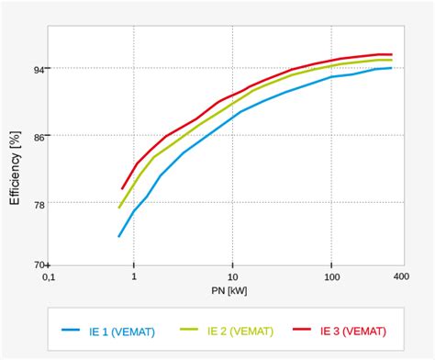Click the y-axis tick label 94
[x=39, y=68]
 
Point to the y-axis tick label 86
[x=39, y=135]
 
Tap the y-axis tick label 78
[x=39, y=203]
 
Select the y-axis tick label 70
[x=39, y=264]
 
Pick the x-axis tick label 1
[x=134, y=277]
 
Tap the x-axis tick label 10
[x=232, y=277]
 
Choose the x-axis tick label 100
[x=331, y=277]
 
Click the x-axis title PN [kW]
[x=227, y=291]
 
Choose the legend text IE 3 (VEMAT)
[x=354, y=331]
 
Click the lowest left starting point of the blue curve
[x=119, y=237]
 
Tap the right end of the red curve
[x=392, y=54]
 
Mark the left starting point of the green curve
[x=119, y=208]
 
